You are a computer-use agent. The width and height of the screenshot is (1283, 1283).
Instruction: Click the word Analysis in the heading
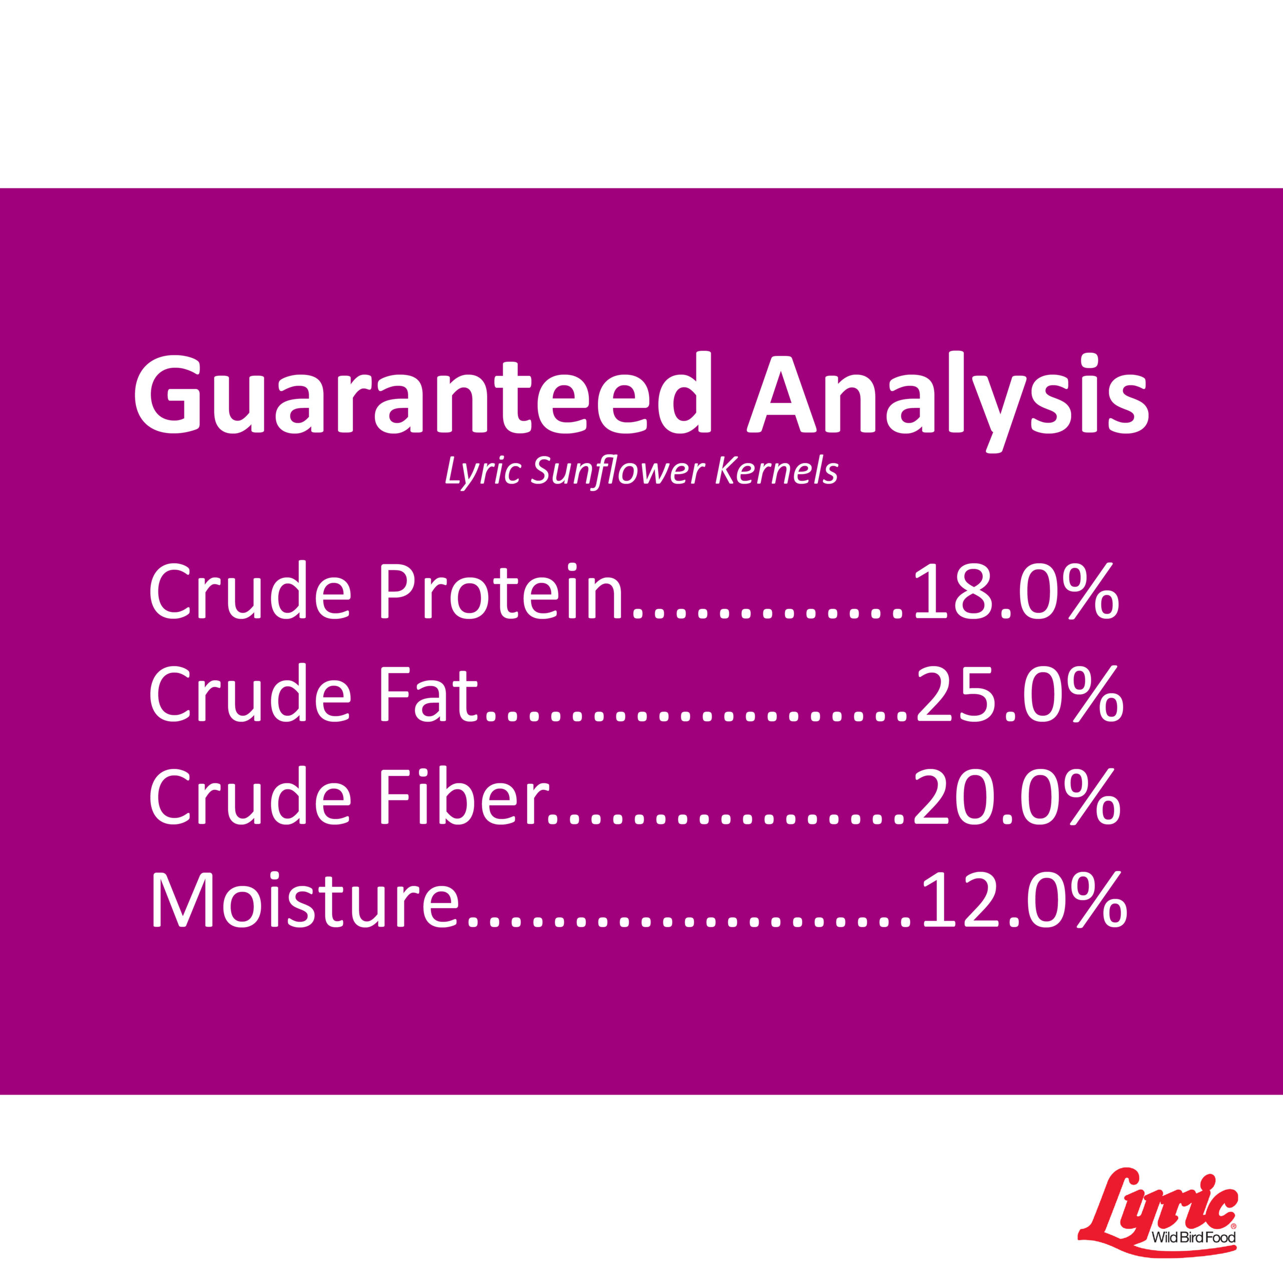pos(948,401)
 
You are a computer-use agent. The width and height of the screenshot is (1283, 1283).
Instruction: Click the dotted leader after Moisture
pos(691,920)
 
